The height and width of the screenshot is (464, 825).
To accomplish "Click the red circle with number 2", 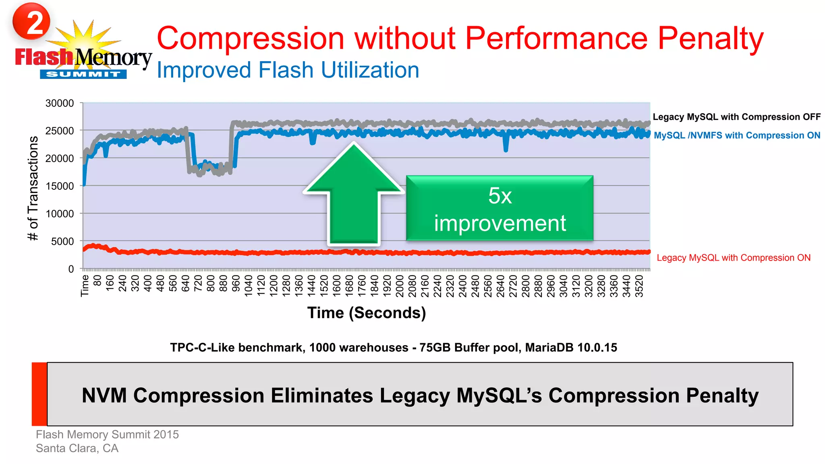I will (x=31, y=21).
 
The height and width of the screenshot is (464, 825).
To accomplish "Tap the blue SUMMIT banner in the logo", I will (x=83, y=74).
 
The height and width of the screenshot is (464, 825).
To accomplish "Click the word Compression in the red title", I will (x=250, y=39).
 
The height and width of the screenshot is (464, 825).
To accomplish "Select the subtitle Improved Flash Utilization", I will (x=288, y=70).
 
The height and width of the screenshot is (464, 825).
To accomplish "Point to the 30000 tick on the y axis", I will (x=60, y=103).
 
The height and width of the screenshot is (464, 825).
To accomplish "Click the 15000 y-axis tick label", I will (x=60, y=186).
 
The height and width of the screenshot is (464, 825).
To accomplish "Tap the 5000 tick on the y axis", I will (x=62, y=241).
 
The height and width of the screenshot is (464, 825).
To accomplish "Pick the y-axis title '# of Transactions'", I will (x=33, y=188).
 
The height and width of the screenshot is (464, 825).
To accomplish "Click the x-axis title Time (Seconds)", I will (x=366, y=313).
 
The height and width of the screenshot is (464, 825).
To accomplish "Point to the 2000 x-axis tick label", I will (x=400, y=286).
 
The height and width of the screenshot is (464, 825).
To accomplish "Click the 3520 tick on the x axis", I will (x=639, y=286).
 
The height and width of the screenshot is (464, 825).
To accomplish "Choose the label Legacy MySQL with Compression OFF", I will (x=736, y=117).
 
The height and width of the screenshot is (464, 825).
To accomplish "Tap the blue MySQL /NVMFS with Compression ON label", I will (x=737, y=135).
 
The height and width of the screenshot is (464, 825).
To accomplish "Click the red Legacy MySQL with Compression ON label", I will (x=734, y=258).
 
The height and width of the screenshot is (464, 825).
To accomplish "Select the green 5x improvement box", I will (x=500, y=209).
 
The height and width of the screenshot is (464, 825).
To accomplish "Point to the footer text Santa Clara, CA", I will (x=77, y=448).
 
